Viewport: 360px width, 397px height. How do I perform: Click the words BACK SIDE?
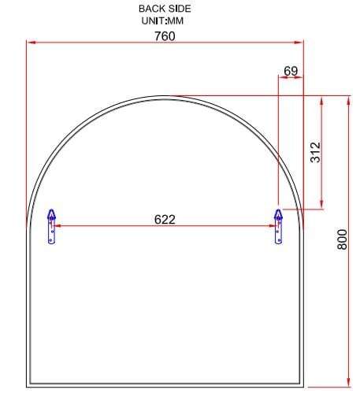point(165,9)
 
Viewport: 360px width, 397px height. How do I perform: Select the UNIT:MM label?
point(162,20)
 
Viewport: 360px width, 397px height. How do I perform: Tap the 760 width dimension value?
point(165,36)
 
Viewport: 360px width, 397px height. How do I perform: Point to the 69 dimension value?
point(291,71)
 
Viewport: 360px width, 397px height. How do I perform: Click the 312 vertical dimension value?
point(315,152)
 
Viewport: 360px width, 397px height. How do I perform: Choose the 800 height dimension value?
point(342,239)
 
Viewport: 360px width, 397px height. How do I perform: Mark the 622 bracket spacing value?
point(165,220)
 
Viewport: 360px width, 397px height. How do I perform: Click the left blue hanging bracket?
point(52,227)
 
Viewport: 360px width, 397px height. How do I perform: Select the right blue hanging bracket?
point(279,227)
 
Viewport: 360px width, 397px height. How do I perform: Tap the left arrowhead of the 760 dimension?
point(32,42)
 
